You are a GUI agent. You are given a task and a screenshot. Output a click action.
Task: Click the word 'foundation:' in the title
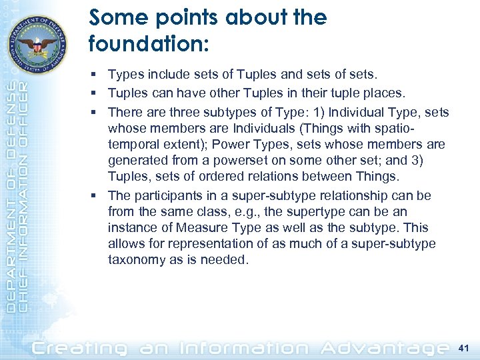tap(149, 44)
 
